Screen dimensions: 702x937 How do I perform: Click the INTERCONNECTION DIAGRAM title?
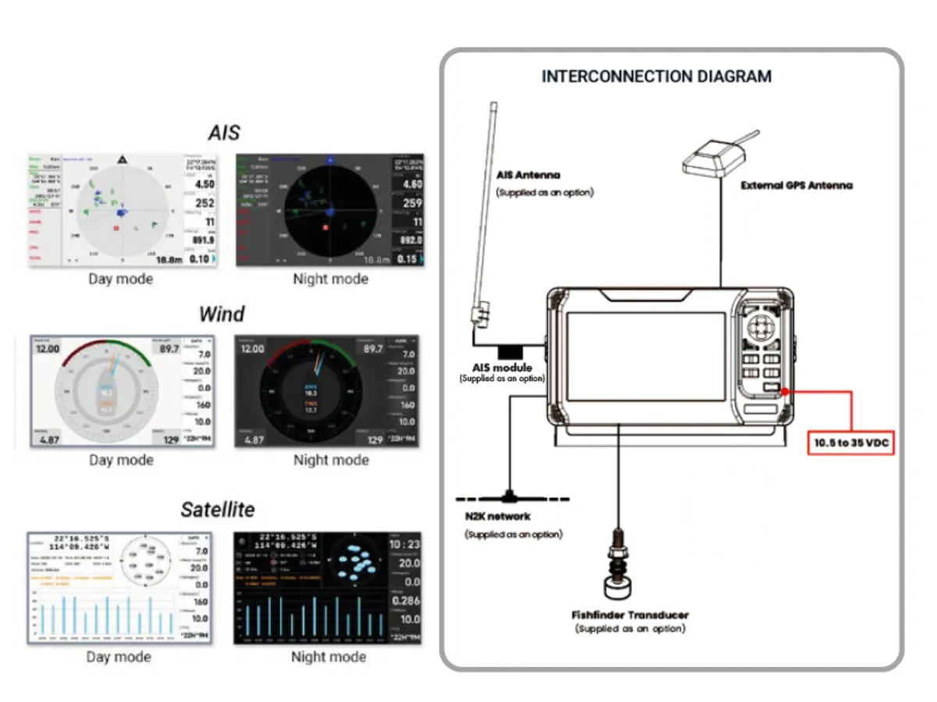[656, 77]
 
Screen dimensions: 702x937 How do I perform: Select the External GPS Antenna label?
[796, 186]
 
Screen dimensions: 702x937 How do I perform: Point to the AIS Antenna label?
[529, 175]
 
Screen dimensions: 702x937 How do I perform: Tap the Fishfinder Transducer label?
[629, 615]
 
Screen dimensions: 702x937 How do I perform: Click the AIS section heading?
[223, 132]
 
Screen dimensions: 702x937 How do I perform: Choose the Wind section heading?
[222, 314]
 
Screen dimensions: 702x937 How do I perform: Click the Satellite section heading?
[218, 510]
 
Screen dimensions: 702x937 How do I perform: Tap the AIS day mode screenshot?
[121, 209]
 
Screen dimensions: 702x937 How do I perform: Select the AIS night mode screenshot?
[331, 209]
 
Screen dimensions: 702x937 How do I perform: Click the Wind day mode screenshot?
[121, 390]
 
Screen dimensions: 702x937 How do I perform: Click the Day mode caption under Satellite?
[119, 657]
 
